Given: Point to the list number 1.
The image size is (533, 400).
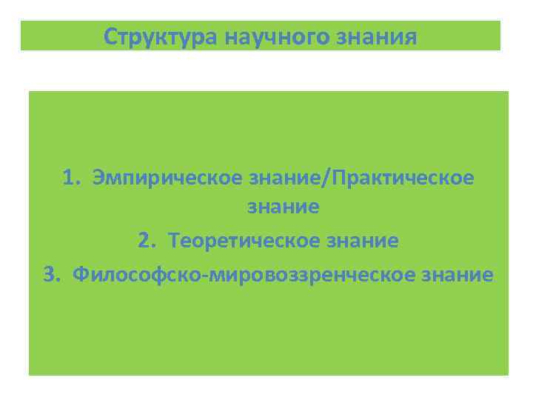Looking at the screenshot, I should pyautogui.click(x=70, y=178).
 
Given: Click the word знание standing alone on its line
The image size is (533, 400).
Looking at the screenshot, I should pyautogui.click(x=284, y=207).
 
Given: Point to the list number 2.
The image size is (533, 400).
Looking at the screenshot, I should pyautogui.click(x=145, y=241).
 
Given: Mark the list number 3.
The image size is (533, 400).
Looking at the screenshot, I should pyautogui.click(x=50, y=276).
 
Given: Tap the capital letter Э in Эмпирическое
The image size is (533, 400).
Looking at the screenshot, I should pyautogui.click(x=98, y=178).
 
